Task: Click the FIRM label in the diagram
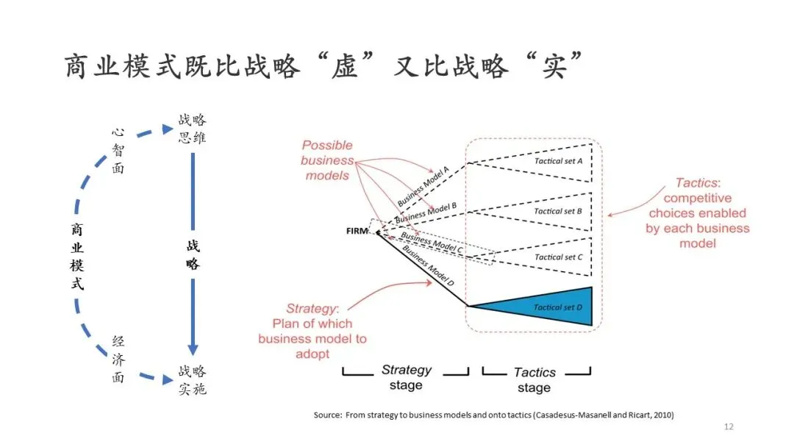[x=357, y=231]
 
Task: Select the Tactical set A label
[x=558, y=161]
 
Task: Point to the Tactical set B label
[x=558, y=211]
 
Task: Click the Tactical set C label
[x=558, y=257]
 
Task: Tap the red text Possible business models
[x=326, y=160]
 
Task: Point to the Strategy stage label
[x=406, y=377]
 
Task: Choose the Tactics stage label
[x=534, y=379]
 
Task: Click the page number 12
[x=729, y=427]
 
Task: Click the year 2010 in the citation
[x=661, y=415]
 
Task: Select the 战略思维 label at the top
[x=192, y=129]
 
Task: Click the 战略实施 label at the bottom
[x=192, y=379]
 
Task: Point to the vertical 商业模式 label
[x=77, y=256]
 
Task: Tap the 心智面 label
[x=118, y=151]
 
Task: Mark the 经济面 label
[x=118, y=360]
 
